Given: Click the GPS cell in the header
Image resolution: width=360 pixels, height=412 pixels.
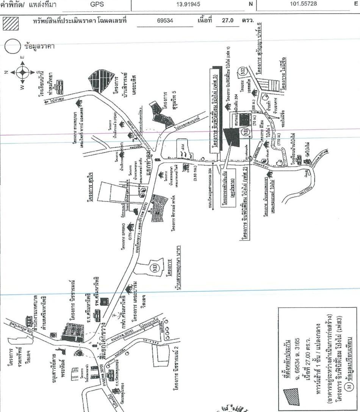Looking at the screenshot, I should click(x=95, y=4).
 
